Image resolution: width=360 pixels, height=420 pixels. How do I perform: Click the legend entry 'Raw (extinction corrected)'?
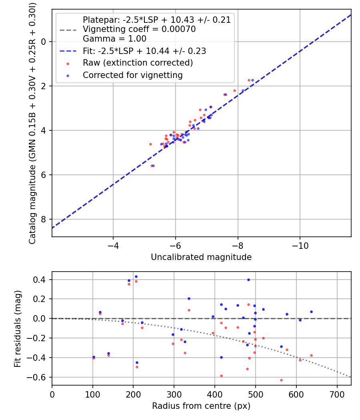pyautogui.click(x=138, y=63)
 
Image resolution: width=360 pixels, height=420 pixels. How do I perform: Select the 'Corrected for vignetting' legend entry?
pyautogui.click(x=132, y=75)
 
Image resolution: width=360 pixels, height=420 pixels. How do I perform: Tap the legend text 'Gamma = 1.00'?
pyautogui.click(x=114, y=39)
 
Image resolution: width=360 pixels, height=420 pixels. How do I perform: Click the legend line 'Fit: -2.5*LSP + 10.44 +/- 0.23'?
pyautogui.click(x=144, y=51)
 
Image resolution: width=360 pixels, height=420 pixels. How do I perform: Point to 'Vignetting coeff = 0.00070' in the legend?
pyautogui.click(x=139, y=29)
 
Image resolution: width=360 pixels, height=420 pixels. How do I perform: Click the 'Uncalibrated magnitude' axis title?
pyautogui.click(x=201, y=257)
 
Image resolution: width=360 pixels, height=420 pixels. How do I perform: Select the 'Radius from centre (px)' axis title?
pyautogui.click(x=201, y=406)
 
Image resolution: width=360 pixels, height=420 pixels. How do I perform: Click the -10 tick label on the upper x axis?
pyautogui.click(x=300, y=245)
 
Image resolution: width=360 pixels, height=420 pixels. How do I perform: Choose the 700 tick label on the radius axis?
pyautogui.click(x=337, y=394)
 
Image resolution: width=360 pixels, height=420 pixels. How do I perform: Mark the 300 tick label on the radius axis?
pyautogui.click(x=174, y=394)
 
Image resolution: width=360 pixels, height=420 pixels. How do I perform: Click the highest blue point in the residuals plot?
pyautogui.click(x=136, y=276)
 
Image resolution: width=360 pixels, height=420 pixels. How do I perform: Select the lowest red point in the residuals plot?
pyautogui.click(x=281, y=380)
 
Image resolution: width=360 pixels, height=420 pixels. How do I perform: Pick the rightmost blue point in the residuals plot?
pyautogui.click(x=311, y=312)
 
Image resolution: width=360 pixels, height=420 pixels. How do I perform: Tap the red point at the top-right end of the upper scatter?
pyautogui.click(x=249, y=80)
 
